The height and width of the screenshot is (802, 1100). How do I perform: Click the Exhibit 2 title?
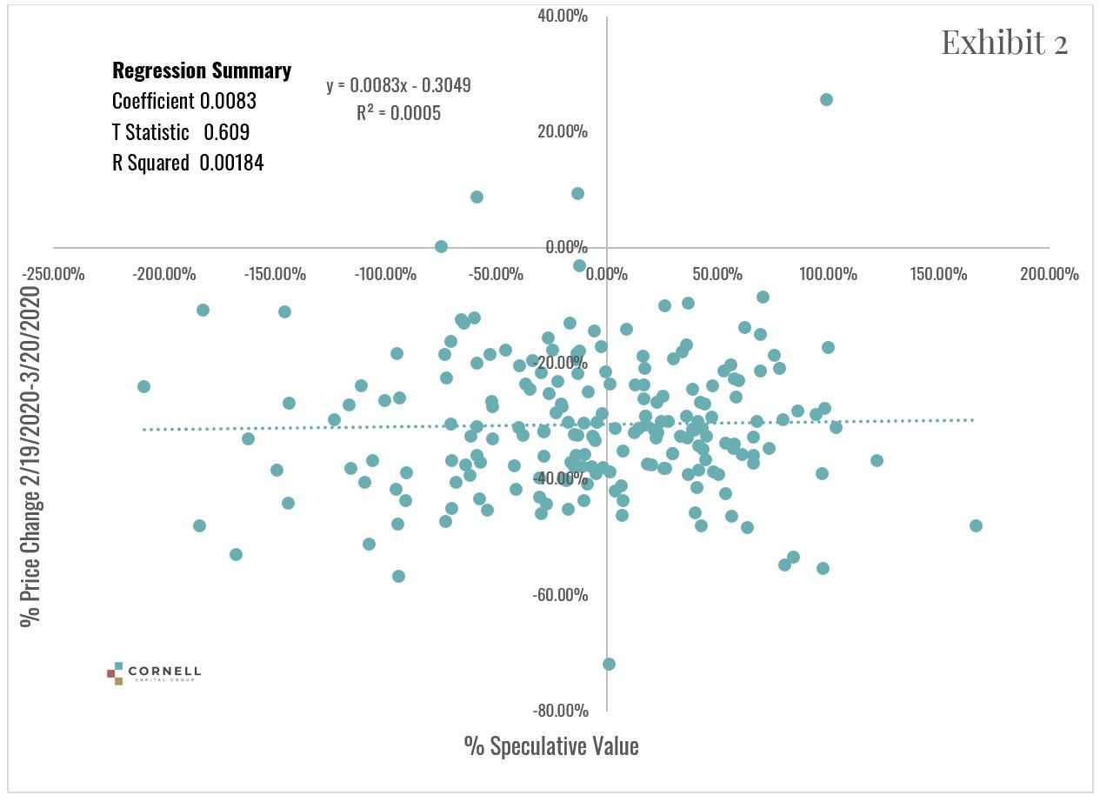pos(1003,42)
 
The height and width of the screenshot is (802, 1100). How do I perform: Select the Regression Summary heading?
pos(202,71)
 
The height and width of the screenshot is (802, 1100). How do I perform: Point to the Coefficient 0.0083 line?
pos(184,101)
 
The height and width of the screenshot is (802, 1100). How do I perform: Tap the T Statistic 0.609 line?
pos(180,131)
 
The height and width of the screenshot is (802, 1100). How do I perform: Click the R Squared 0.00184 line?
pos(188,162)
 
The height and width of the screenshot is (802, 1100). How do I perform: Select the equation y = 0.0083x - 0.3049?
pos(398,85)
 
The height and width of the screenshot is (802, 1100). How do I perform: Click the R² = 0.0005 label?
pos(398,112)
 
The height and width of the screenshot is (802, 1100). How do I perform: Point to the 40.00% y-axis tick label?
pos(563,16)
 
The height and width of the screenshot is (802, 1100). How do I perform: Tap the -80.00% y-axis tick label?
pos(561,710)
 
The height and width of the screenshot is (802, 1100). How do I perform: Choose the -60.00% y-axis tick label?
pos(561,595)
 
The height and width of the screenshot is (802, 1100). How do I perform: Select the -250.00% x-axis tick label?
pos(53,274)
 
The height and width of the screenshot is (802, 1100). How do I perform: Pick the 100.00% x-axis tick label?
pos(828,274)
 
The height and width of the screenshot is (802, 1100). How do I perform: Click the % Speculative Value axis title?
pos(551,745)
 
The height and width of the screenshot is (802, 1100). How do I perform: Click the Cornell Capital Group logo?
pos(154,672)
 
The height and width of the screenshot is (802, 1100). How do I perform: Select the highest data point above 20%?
pos(826,99)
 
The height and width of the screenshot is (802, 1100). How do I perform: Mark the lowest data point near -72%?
pos(609,664)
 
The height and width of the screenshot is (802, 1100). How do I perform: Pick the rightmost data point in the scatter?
pos(976,525)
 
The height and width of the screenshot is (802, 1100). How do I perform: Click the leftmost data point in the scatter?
pos(143,386)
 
